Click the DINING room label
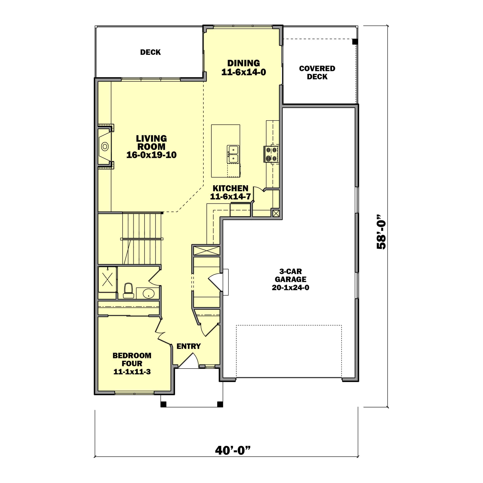(x=244, y=63)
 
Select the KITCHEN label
(x=230, y=188)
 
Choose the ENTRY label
(x=189, y=346)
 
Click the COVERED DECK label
(x=317, y=72)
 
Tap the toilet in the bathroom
(x=128, y=291)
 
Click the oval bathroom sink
(x=148, y=293)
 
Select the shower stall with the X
(x=107, y=279)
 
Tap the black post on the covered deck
(x=355, y=42)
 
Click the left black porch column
(x=163, y=404)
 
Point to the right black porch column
(x=220, y=404)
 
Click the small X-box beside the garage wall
(x=276, y=213)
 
